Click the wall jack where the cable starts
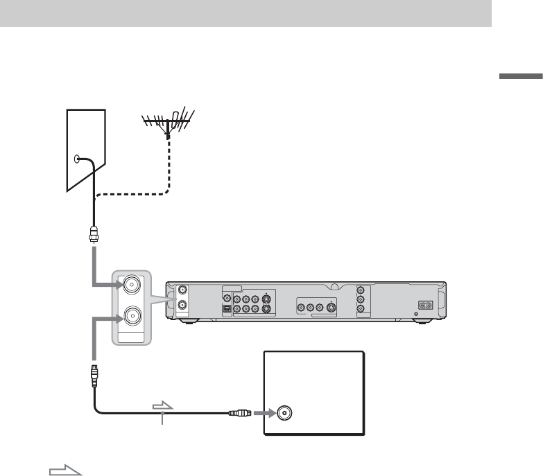(x=76, y=159)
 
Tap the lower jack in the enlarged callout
(x=132, y=317)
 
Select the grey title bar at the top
(x=245, y=14)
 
